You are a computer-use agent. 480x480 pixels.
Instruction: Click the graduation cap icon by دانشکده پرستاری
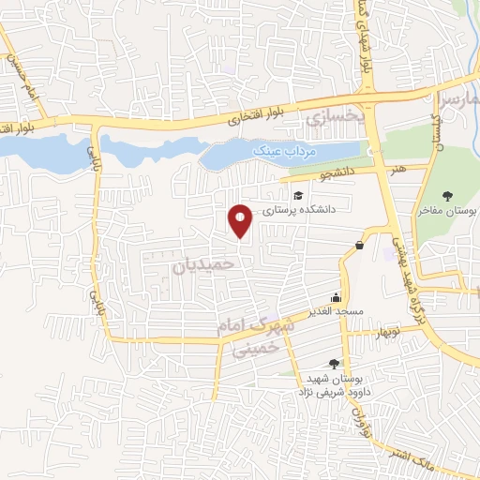298,195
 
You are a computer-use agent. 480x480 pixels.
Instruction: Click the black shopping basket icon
359,245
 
